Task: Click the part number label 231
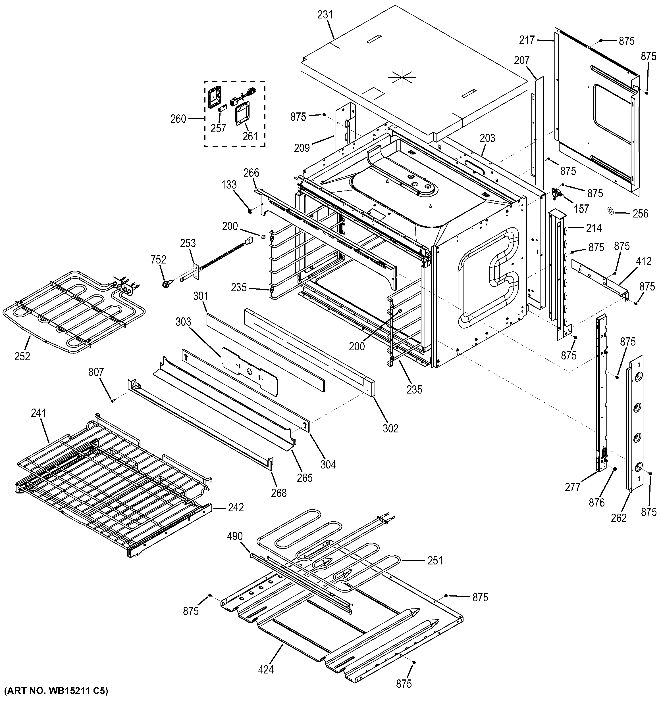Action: pos(325,14)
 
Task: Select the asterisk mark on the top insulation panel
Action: pos(402,77)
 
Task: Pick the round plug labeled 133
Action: pos(250,211)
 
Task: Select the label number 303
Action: pos(183,322)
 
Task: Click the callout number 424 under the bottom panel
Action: pos(266,670)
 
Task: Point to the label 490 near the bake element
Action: pos(235,536)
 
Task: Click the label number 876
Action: pos(596,502)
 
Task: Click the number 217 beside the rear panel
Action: pos(527,40)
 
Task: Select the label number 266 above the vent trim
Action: pos(251,173)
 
